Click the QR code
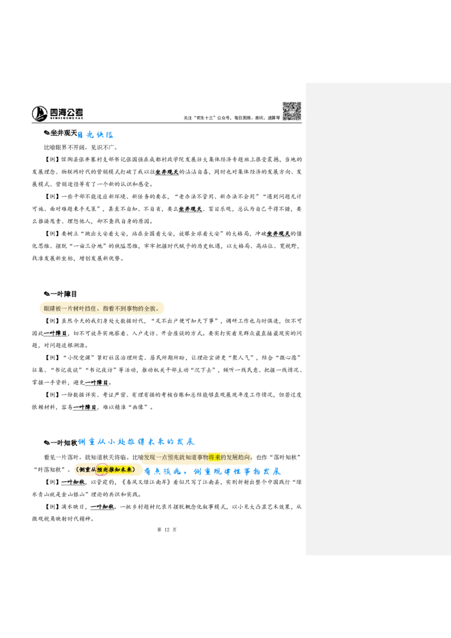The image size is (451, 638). pyautogui.click(x=291, y=110)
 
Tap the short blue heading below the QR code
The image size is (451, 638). pyautogui.click(x=96, y=135)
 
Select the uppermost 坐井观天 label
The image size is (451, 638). pyautogui.click(x=167, y=172)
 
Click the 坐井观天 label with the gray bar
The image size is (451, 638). pyautogui.click(x=189, y=209)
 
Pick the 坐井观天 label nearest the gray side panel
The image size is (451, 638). pyautogui.click(x=280, y=233)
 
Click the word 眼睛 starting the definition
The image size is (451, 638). pyautogui.click(x=50, y=309)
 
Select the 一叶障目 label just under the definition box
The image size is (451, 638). pyautogui.click(x=55, y=334)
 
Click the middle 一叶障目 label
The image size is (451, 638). pyautogui.click(x=96, y=383)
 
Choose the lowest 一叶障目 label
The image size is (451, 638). pyautogui.click(x=86, y=407)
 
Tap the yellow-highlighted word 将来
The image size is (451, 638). pyautogui.click(x=215, y=457)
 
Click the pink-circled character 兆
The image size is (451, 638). pyautogui.click(x=102, y=469)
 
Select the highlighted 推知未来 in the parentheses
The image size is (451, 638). pyautogui.click(x=120, y=469)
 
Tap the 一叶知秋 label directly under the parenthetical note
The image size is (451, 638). pyautogui.click(x=72, y=482)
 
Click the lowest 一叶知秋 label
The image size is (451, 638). pyautogui.click(x=102, y=507)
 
